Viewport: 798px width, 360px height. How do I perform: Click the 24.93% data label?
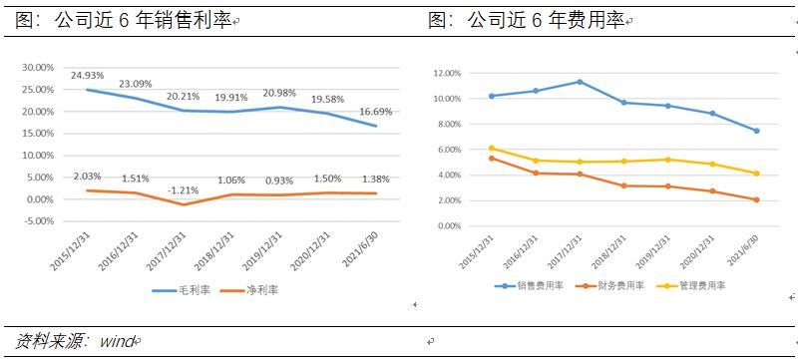pos(88,75)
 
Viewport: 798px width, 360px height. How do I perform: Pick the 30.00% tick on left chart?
pos(38,68)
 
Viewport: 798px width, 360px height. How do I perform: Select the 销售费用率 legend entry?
pos(537,285)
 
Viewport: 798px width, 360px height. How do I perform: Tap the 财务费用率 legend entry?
pos(613,285)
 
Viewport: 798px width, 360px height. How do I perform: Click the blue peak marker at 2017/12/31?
pos(580,82)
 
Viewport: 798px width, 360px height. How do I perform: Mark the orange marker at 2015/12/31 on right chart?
pos(492,159)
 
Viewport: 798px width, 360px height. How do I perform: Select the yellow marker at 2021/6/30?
pos(756,174)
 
